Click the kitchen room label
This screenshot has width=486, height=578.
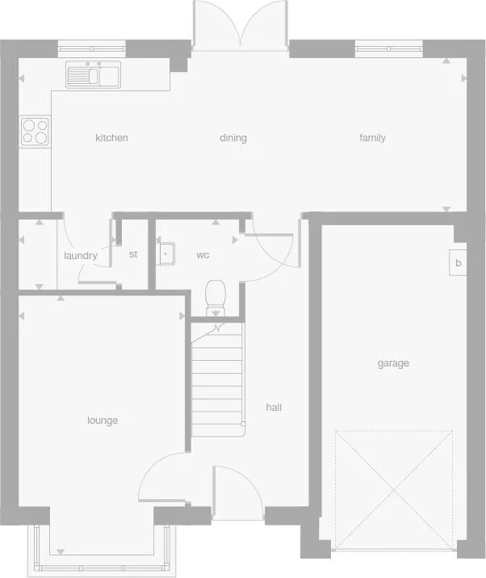(111, 138)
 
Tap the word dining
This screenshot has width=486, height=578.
(233, 138)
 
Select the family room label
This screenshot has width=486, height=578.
(372, 138)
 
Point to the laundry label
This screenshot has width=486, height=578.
(80, 256)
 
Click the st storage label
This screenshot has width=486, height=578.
(133, 254)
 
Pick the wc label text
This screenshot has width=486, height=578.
(203, 255)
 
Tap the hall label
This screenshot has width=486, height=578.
(274, 408)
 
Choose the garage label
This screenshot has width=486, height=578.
(393, 363)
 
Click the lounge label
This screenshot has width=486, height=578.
(103, 421)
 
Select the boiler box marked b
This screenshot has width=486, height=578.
(459, 263)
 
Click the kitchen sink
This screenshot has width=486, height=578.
(93, 75)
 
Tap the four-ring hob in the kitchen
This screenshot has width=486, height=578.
(35, 131)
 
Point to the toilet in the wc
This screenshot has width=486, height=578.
(216, 297)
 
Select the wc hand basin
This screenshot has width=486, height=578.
(166, 253)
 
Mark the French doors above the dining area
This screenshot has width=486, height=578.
(241, 27)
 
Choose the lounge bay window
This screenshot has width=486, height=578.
(102, 557)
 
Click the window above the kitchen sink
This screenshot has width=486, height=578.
(92, 47)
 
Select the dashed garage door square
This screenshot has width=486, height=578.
(393, 490)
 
